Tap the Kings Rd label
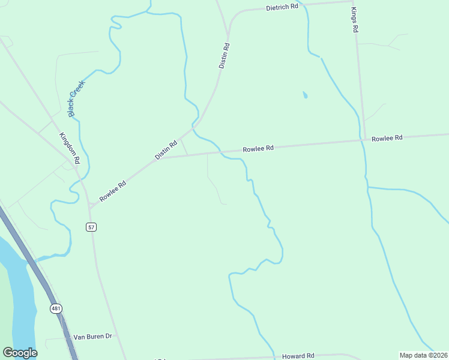pos(354,20)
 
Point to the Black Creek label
pos(76,98)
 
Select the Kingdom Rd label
pos(70,148)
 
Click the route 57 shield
pos(91,227)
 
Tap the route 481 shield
pos(56,308)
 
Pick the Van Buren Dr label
pos(93,337)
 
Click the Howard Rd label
pos(298,356)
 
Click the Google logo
pos(20,353)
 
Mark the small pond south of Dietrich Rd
pos(305,95)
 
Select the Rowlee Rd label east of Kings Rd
pos(386,138)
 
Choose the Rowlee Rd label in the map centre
pos(258,148)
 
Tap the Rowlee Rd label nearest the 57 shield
pos(113,191)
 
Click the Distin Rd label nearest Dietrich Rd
pos(224,55)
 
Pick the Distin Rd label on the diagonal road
pos(166,149)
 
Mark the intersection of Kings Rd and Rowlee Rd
pos(363,140)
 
